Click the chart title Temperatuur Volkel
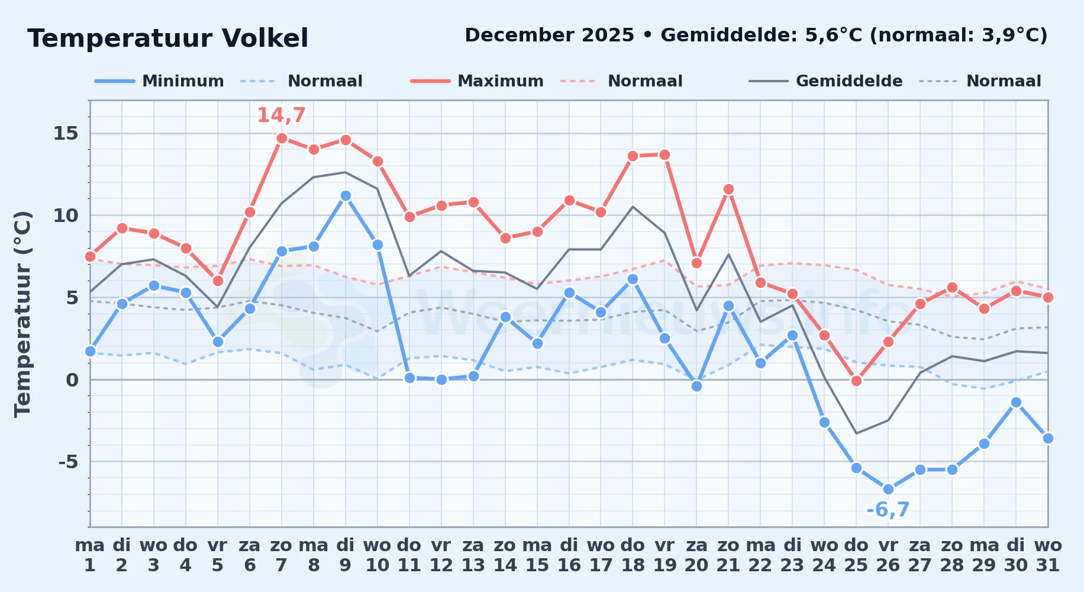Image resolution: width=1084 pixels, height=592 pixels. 168,38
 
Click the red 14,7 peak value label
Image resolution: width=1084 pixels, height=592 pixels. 281,115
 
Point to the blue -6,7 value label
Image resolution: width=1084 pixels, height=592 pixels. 888,510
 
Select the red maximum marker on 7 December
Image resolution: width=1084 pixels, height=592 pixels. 282,138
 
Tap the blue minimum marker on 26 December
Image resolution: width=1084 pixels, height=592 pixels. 888,490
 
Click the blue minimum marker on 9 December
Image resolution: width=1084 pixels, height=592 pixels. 346,195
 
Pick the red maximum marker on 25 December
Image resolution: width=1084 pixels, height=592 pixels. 856,381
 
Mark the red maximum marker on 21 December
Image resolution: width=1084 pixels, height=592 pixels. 728,189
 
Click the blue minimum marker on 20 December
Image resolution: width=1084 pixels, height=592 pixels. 696,386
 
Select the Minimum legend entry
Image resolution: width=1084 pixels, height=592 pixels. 159,81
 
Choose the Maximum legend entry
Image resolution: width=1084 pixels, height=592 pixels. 477,81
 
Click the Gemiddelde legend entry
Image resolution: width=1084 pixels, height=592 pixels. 826,81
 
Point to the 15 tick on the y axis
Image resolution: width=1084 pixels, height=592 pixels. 66,133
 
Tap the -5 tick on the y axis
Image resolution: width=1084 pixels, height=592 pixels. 68,461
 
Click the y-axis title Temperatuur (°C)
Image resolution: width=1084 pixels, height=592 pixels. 22,314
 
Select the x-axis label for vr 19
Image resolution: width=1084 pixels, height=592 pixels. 664,555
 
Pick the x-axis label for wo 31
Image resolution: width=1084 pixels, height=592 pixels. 1048,555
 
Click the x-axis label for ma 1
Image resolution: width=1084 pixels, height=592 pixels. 90,555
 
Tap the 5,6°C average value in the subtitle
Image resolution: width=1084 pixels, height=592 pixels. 834,36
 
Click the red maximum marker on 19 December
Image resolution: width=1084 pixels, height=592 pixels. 664,155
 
